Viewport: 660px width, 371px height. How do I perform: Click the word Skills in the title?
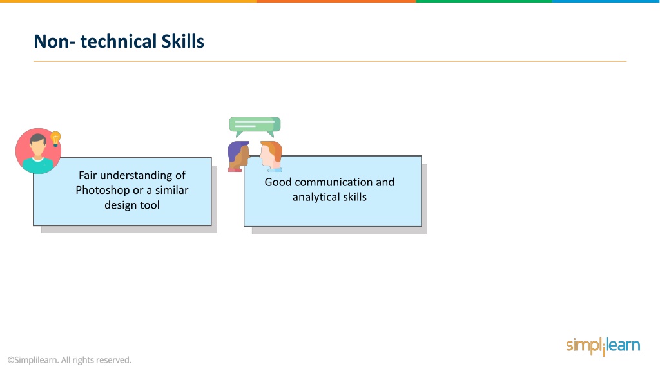(177, 41)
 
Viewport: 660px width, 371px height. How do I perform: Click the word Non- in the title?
(52, 41)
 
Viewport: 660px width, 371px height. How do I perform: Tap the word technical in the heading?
(112, 41)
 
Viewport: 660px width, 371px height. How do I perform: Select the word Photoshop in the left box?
(102, 190)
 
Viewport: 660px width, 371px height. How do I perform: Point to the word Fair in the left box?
(87, 175)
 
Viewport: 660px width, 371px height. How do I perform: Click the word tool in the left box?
(150, 205)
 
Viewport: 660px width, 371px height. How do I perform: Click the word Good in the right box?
(278, 182)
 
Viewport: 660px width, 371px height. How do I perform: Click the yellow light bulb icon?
(55, 138)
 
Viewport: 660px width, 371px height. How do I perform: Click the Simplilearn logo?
(603, 346)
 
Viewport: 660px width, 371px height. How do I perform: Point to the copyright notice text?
(70, 360)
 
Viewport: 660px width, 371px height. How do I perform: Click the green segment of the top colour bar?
(484, 1)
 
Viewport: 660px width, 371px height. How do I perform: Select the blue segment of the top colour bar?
(606, 1)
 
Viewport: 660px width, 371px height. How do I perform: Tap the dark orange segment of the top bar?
(336, 1)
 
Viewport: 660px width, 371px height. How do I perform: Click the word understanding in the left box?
(142, 175)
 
